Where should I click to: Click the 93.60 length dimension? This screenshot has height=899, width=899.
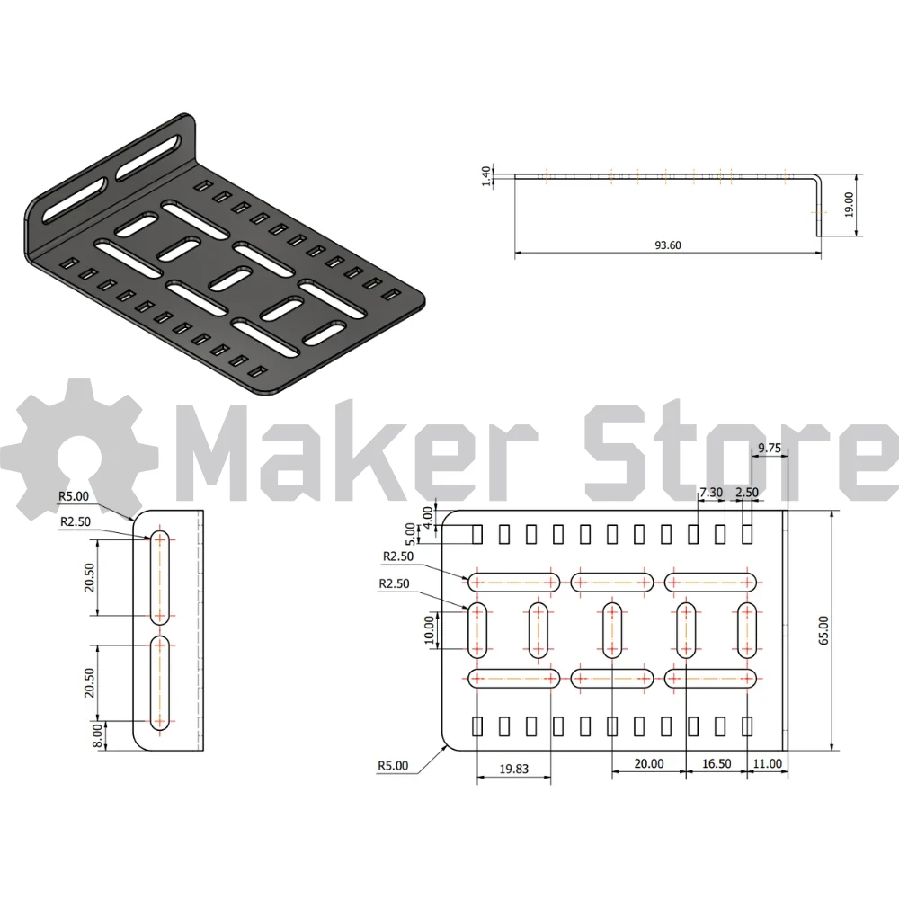pos(668,245)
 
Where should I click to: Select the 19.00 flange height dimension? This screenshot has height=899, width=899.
pos(850,205)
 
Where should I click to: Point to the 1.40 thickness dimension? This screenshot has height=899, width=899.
pos(486,176)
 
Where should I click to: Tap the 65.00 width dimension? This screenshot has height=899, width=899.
pos(823,630)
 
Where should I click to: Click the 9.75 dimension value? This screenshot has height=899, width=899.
pos(770,448)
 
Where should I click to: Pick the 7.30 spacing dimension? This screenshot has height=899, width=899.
pos(711,492)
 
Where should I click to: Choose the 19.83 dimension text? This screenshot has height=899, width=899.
pos(513,769)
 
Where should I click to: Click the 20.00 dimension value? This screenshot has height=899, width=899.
pos(649,763)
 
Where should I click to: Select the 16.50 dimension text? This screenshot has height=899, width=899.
pos(717,763)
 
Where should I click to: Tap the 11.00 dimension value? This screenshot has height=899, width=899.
pos(767,763)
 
